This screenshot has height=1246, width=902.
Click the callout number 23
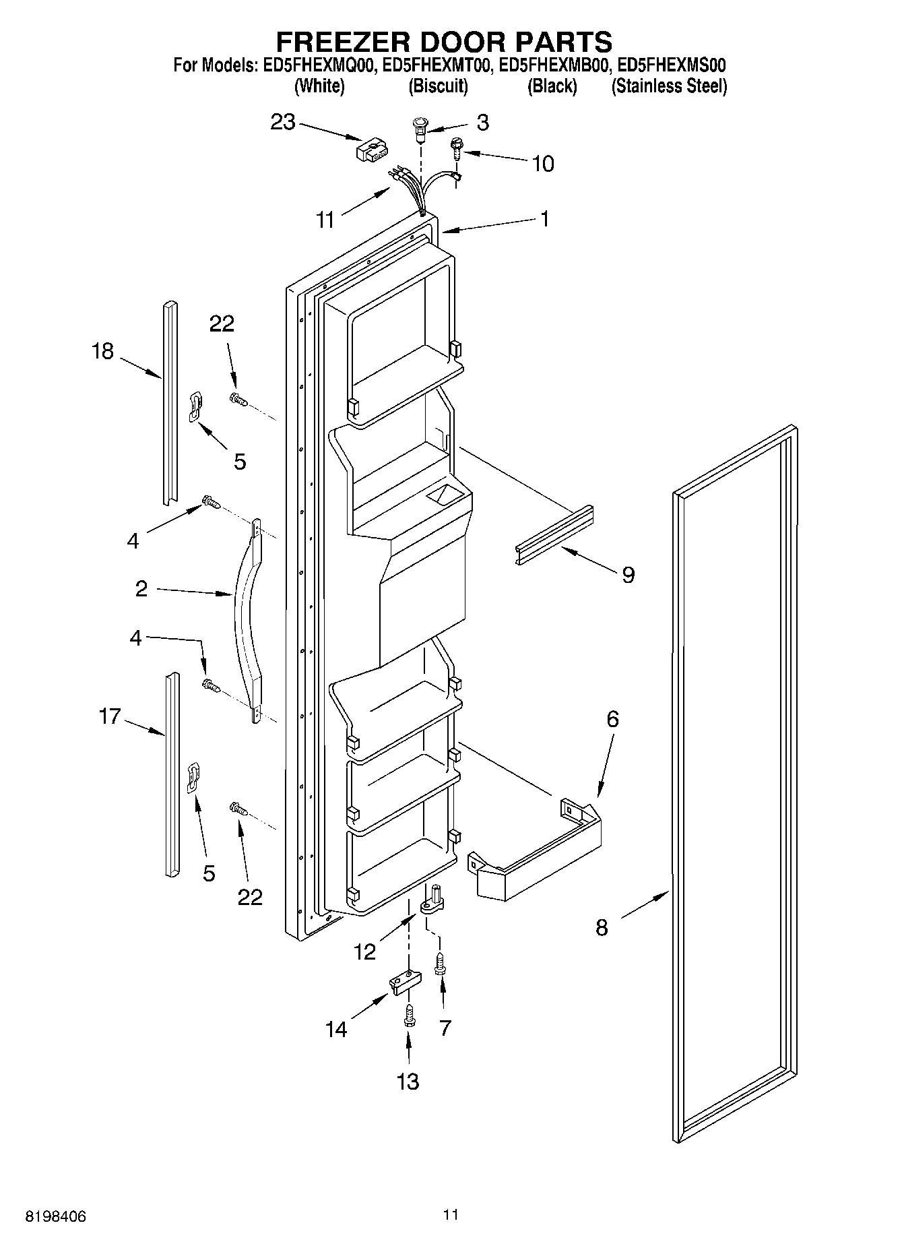[283, 123]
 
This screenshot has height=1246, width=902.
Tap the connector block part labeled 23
[371, 149]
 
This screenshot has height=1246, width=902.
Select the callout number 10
[543, 164]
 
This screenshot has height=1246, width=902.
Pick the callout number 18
[103, 351]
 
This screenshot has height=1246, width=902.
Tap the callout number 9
[628, 575]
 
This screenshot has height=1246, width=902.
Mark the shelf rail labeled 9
[554, 535]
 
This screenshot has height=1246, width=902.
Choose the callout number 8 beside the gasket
[602, 928]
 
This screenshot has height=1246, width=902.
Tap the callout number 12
[365, 952]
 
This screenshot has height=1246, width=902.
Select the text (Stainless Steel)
[668, 86]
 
